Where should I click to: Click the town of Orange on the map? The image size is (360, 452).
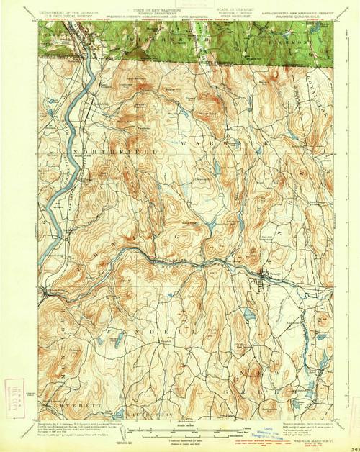tap(264, 274)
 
